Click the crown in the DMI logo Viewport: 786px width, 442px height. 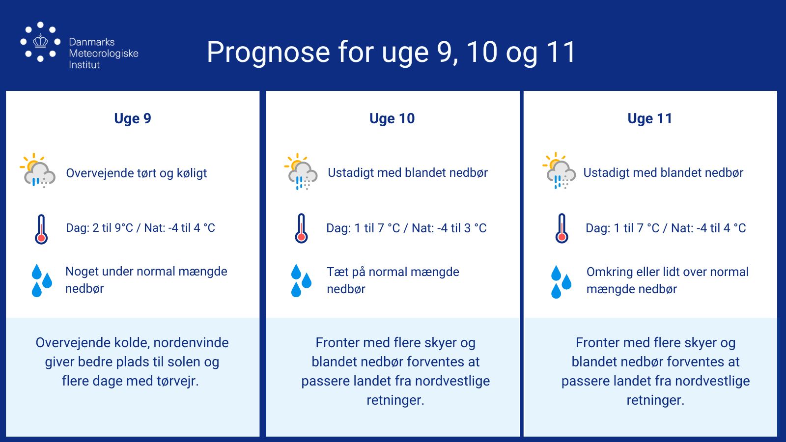pos(40,41)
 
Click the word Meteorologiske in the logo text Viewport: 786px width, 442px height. pos(104,54)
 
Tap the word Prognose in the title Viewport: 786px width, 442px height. pos(268,52)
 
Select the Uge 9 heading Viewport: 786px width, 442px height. pos(133,118)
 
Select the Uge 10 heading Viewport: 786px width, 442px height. pos(392,118)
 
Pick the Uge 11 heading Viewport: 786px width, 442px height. pos(650,118)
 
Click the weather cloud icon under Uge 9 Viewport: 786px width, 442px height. pos(38,170)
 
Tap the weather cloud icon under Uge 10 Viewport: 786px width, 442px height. pos(301,171)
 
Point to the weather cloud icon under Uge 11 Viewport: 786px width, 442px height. pos(559,171)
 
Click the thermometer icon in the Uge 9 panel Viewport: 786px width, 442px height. pos(41,229)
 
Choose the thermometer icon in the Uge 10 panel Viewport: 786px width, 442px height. pos(301,228)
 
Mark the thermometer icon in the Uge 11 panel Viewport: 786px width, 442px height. pos(561,228)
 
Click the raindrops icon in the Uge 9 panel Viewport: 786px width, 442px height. pos(42,280)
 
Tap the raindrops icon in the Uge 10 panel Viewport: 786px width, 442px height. pos(301,280)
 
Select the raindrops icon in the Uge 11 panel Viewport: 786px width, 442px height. pos(561,282)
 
